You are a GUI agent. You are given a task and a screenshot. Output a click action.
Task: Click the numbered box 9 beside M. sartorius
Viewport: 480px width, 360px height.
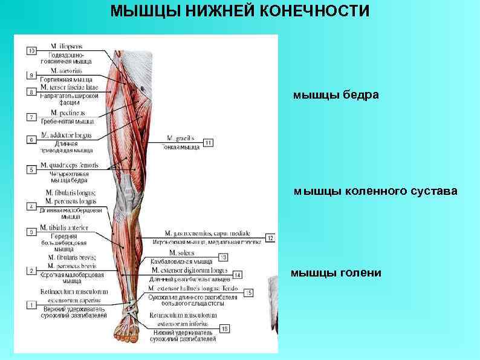pyautogui.click(x=31, y=76)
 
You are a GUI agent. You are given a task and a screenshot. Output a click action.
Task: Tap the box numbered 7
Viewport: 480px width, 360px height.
pyautogui.click(x=31, y=116)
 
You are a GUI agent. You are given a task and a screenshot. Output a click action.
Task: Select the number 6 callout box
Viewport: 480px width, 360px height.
pyautogui.click(x=31, y=140)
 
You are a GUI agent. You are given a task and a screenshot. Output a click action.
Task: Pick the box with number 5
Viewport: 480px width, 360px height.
pyautogui.click(x=31, y=170)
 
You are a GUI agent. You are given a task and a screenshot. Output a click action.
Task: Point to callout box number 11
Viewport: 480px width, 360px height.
pyautogui.click(x=208, y=143)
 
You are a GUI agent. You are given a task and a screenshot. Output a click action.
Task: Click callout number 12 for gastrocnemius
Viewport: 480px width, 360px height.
pyautogui.click(x=270, y=238)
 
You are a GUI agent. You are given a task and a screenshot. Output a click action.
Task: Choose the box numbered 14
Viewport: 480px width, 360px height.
pyautogui.click(x=236, y=275)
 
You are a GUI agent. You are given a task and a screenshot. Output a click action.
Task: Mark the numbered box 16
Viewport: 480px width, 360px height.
pyautogui.click(x=224, y=329)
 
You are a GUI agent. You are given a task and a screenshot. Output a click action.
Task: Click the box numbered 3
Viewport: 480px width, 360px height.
pyautogui.click(x=31, y=232)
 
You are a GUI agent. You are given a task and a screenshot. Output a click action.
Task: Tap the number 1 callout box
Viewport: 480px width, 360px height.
pyautogui.click(x=31, y=306)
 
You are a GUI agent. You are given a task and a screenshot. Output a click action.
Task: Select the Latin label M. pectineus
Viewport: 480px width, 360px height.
pyautogui.click(x=68, y=113)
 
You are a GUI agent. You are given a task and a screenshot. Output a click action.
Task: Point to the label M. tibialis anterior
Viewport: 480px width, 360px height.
pyautogui.click(x=63, y=227)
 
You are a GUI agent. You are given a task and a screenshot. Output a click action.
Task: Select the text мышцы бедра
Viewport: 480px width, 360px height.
pyautogui.click(x=336, y=95)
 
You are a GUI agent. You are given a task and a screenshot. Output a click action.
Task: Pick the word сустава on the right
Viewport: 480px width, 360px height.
pyautogui.click(x=430, y=192)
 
